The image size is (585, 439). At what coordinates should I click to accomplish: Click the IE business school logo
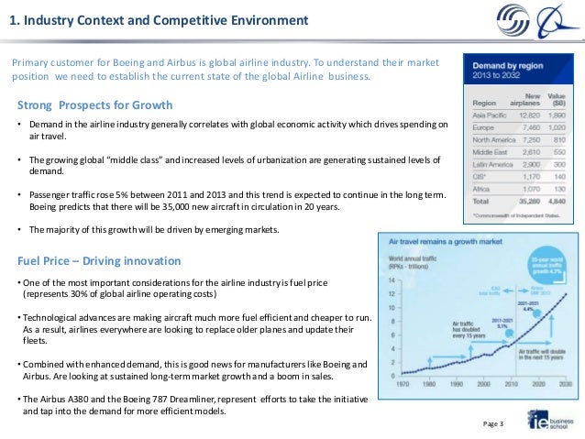[x=546, y=420]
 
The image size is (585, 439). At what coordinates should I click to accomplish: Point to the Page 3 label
[x=493, y=426]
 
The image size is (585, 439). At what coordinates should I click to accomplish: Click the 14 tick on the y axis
[x=392, y=280]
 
